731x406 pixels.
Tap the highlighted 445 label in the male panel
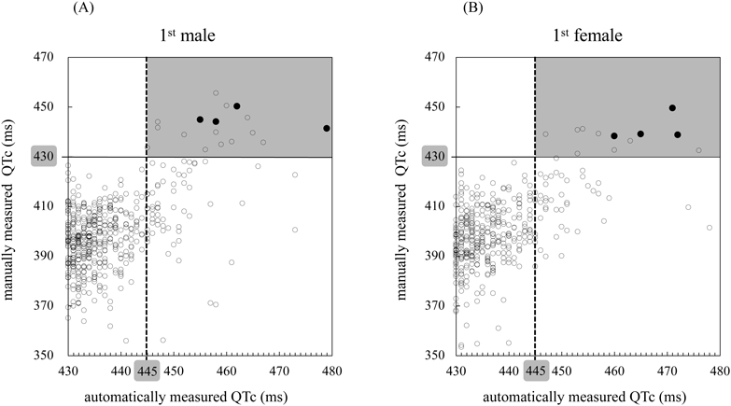coord(147,371)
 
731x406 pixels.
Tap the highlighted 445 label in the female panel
coord(535,371)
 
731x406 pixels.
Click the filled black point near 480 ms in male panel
coord(327,128)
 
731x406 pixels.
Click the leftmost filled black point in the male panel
coord(200,119)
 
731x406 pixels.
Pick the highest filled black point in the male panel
coord(237,106)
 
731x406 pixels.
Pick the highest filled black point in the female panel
coord(672,108)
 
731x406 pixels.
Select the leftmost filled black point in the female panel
coord(614,136)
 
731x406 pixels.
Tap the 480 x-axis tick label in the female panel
coord(719,371)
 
